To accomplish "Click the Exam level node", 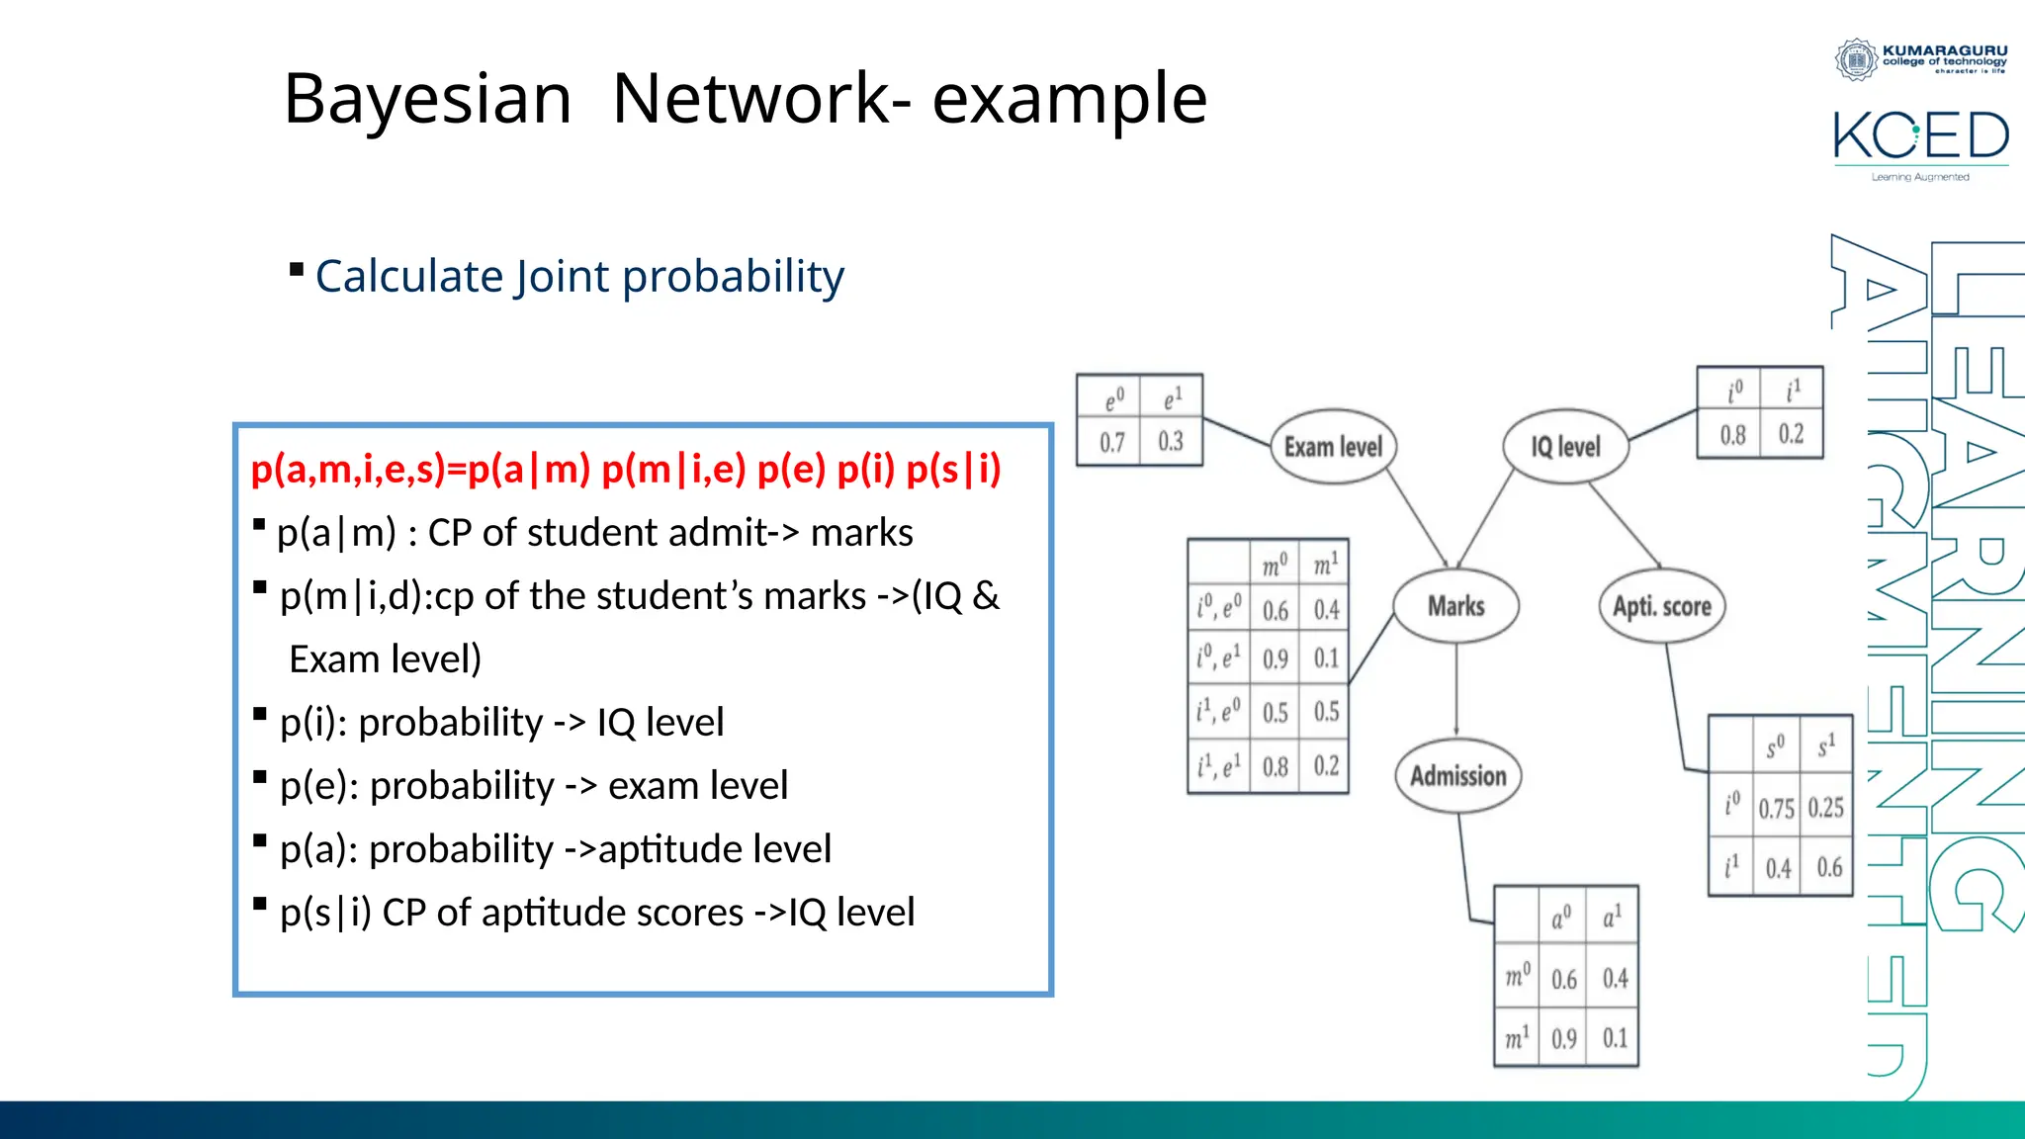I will (x=1333, y=447).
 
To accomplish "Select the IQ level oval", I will (x=1565, y=447).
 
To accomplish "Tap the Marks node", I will (x=1455, y=606).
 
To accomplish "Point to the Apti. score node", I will (x=1661, y=606).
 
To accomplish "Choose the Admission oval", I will (x=1457, y=776).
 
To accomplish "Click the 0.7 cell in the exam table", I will (x=1112, y=442).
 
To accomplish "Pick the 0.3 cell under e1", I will (x=1171, y=441).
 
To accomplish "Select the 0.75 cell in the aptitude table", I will (x=1776, y=809).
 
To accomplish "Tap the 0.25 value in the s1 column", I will (x=1826, y=808).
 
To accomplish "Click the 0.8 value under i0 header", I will (x=1732, y=435).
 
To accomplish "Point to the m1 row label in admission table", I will (x=1517, y=1038).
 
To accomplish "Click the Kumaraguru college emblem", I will (x=1856, y=59).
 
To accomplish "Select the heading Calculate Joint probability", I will (x=579, y=276).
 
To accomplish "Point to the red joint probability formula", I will (x=625, y=469).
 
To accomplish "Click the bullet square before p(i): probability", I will (x=260, y=713).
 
